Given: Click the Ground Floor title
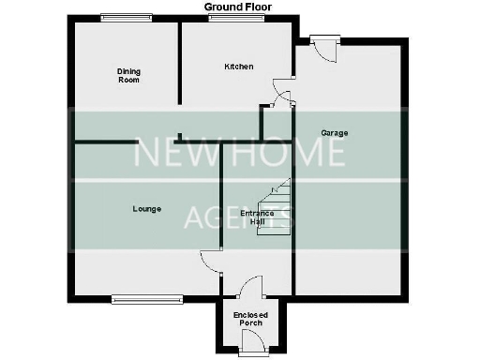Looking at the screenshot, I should point(239,7).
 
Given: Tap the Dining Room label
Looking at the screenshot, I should point(128,76).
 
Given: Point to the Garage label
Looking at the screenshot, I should point(335,133).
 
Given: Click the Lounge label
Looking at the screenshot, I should point(145,208).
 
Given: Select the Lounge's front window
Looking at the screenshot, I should point(146,300).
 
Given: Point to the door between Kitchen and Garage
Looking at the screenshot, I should point(280,94).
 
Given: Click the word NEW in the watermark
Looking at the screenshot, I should point(169,154).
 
